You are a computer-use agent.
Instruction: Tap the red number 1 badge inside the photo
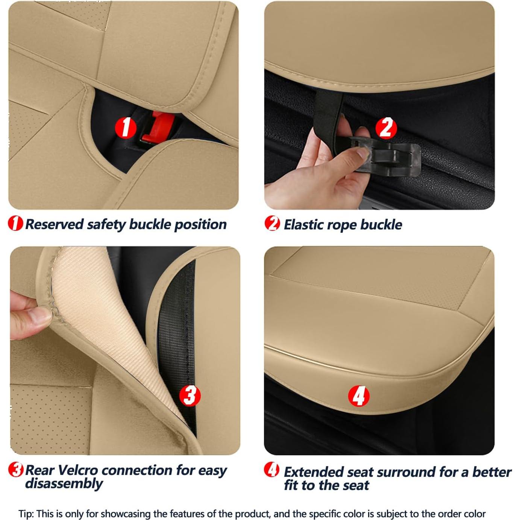[125, 127]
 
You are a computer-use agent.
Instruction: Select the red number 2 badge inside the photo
[386, 128]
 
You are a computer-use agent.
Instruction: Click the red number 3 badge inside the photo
[190, 395]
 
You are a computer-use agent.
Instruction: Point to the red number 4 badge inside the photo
[359, 396]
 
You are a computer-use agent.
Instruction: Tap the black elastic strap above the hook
[329, 109]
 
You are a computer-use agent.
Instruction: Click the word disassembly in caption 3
[64, 484]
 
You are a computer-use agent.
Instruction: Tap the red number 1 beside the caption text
[15, 223]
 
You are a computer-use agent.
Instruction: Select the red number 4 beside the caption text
[271, 470]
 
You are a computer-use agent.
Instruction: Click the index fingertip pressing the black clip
[362, 152]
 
